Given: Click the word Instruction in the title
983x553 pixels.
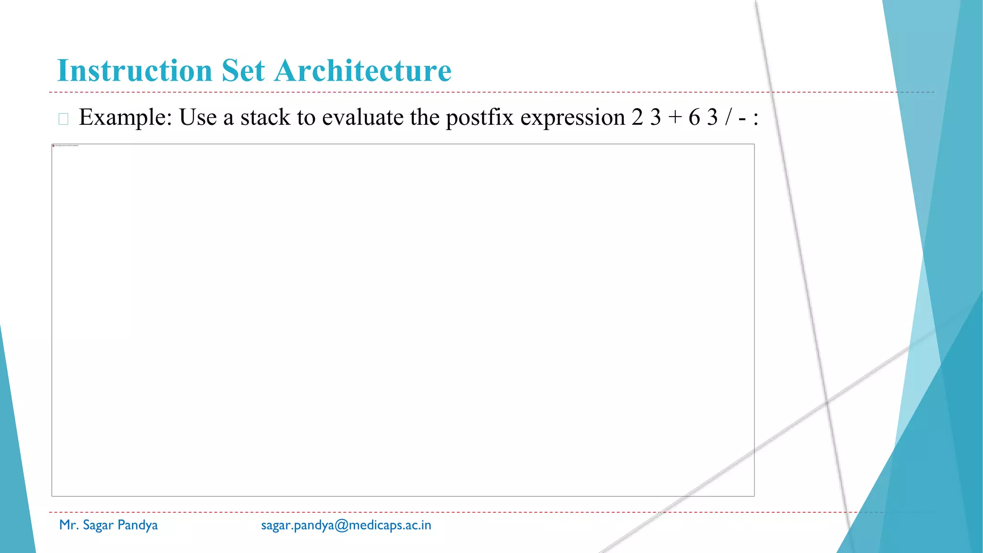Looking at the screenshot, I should click(x=134, y=71).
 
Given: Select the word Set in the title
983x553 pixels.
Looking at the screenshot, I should click(x=243, y=71).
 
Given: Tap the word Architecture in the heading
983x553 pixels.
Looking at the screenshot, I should click(x=363, y=71).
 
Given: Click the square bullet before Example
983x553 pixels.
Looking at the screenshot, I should click(x=63, y=119).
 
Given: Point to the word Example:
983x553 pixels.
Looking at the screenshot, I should click(x=126, y=118).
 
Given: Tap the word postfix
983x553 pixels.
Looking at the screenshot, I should click(x=480, y=118).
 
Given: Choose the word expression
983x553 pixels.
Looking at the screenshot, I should click(x=573, y=118).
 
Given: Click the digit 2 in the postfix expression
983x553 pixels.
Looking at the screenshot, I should click(x=637, y=118).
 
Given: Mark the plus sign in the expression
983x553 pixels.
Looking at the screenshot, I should click(x=675, y=118).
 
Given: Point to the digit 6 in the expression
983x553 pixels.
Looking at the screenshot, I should click(x=694, y=118).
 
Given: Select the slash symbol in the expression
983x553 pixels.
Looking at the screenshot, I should click(x=729, y=118).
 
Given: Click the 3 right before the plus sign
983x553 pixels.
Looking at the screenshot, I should click(x=656, y=118).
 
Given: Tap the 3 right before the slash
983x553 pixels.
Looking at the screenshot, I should click(x=712, y=118).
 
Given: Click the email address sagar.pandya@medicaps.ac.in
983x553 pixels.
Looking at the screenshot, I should click(x=346, y=525).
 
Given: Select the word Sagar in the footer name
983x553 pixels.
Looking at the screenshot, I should click(x=98, y=525).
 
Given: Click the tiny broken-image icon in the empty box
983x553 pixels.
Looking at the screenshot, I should click(x=54, y=145).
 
